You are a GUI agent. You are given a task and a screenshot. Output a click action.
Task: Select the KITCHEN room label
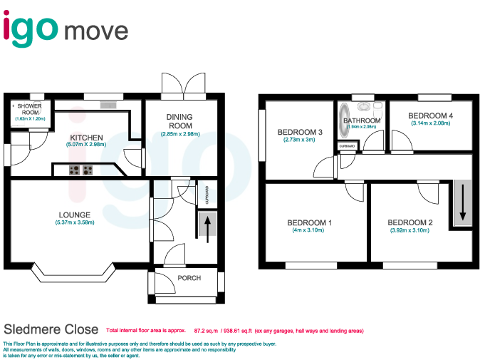coord(86,138)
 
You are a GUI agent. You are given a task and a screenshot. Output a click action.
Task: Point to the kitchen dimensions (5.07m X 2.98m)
coord(86,145)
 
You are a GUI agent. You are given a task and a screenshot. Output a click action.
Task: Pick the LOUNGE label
coord(74,215)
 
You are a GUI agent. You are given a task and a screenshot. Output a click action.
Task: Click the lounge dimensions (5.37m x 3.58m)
coord(74,222)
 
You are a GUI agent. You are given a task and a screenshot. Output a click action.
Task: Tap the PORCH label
coord(189,278)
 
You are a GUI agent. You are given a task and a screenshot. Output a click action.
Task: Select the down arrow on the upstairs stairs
coord(462,202)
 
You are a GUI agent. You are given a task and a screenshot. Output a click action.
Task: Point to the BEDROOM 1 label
coord(310,223)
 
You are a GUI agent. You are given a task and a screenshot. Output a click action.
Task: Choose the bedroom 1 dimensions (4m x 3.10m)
coord(310,230)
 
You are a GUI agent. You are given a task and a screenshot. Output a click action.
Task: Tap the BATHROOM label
coord(362,121)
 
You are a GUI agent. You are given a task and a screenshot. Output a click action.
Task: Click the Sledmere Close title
coord(51,329)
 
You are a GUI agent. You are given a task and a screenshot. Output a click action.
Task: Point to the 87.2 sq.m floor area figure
coord(206,331)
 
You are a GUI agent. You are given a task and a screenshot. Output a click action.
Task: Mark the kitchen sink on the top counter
coord(108,106)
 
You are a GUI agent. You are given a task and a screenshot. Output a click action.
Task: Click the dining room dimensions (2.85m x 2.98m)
coord(179,134)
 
